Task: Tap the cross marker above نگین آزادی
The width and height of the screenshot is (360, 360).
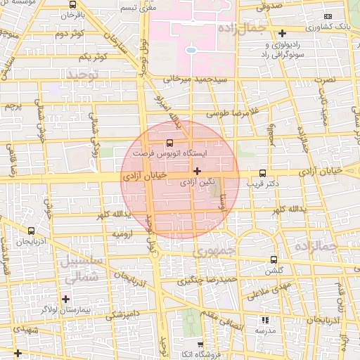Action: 197,171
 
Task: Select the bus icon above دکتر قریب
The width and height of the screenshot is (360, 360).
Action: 263,173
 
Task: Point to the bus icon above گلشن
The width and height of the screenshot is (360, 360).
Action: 274,259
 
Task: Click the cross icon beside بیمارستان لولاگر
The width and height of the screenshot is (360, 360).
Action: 66,299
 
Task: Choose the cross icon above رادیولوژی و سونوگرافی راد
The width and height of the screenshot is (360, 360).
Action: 283,33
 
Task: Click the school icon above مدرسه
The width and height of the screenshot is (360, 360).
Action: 264,319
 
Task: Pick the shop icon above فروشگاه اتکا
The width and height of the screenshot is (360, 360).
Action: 201,344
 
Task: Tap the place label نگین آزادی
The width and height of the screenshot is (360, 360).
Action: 197,182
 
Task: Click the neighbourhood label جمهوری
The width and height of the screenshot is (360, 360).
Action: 215,250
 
